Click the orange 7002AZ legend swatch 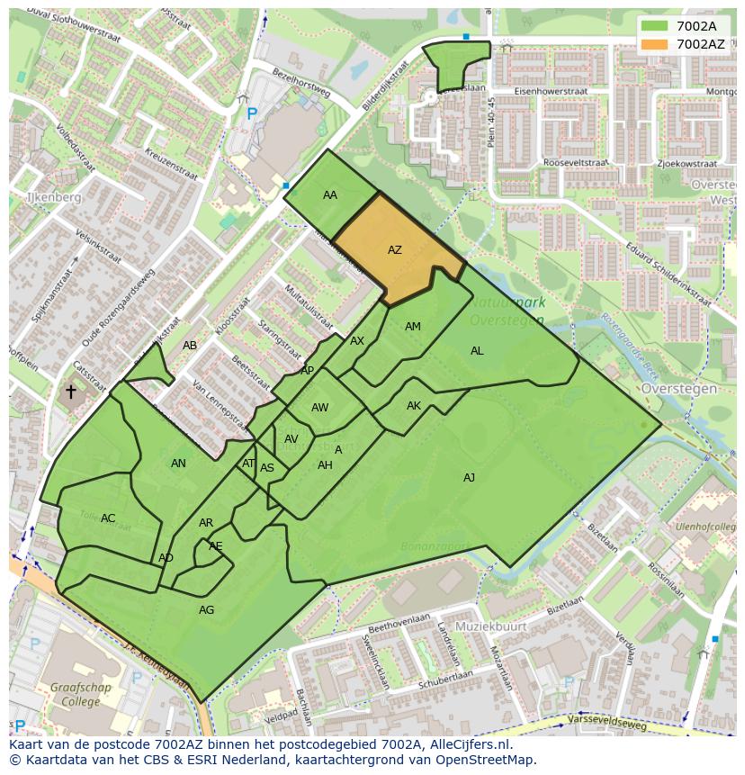pos(655,44)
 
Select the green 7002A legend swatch pos(655,26)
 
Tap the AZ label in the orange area pos(395,250)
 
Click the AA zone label pos(330,195)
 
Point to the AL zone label pos(477,351)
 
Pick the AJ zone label pos(469,478)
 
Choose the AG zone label pos(206,610)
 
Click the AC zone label pos(108,518)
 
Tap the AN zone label pos(178,464)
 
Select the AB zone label pos(190,346)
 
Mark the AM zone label pos(413,327)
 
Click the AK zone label pos(414,406)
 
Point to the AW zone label pos(319,408)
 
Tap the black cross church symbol pos(71,392)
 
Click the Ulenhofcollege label pos(705,526)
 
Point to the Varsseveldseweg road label pos(607,722)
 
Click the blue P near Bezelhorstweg pos(252,114)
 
